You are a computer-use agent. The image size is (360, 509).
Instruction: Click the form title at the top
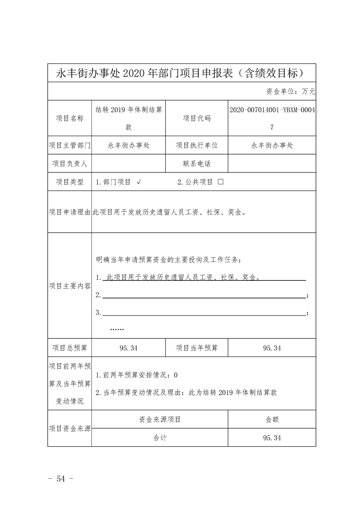tap(182, 73)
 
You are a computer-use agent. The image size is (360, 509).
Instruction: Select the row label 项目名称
tap(69, 118)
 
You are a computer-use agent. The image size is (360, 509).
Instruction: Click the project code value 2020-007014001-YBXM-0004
tap(272, 110)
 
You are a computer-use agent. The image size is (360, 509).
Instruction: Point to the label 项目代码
tap(197, 118)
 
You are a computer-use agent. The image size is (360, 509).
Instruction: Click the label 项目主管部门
tap(69, 146)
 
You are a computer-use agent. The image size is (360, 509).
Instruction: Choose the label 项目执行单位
tap(197, 146)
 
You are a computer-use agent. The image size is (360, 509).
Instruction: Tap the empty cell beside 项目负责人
tap(128, 164)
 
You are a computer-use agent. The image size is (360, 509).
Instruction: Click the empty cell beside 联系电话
tap(272, 164)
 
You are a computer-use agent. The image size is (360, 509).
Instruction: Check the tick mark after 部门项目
tap(138, 182)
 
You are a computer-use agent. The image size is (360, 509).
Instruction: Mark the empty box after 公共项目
tap(221, 182)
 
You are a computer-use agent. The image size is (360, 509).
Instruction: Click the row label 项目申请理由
tap(69, 212)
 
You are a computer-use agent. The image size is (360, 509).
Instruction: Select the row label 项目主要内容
tap(69, 286)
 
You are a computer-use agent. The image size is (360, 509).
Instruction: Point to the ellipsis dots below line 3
tap(117, 329)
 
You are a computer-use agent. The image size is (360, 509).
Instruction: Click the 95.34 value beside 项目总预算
tap(128, 348)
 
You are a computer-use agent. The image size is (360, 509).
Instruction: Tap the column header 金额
tap(272, 420)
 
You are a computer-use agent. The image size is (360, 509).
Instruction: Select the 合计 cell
tap(160, 438)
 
